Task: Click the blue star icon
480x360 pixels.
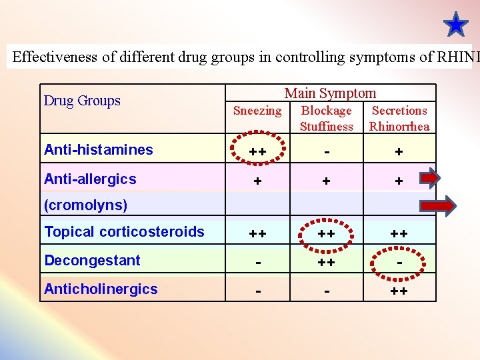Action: tap(456, 25)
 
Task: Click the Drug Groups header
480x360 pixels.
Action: tap(82, 101)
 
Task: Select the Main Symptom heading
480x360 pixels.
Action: tap(330, 93)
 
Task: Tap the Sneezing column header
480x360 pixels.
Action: tap(257, 111)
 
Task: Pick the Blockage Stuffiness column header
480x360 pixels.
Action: tap(326, 118)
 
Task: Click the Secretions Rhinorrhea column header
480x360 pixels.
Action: tap(399, 118)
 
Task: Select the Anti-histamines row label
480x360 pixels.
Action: tap(98, 150)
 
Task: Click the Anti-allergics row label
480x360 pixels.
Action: tap(90, 179)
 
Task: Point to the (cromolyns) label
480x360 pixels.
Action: tap(85, 205)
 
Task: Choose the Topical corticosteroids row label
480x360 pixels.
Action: tap(124, 232)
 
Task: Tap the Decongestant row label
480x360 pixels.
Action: tap(92, 261)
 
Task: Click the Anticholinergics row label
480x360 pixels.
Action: tap(101, 289)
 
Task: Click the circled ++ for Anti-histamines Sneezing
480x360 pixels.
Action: tap(257, 152)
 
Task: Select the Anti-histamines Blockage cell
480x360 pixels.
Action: tap(326, 152)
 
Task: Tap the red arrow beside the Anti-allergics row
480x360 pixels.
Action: tap(430, 179)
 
